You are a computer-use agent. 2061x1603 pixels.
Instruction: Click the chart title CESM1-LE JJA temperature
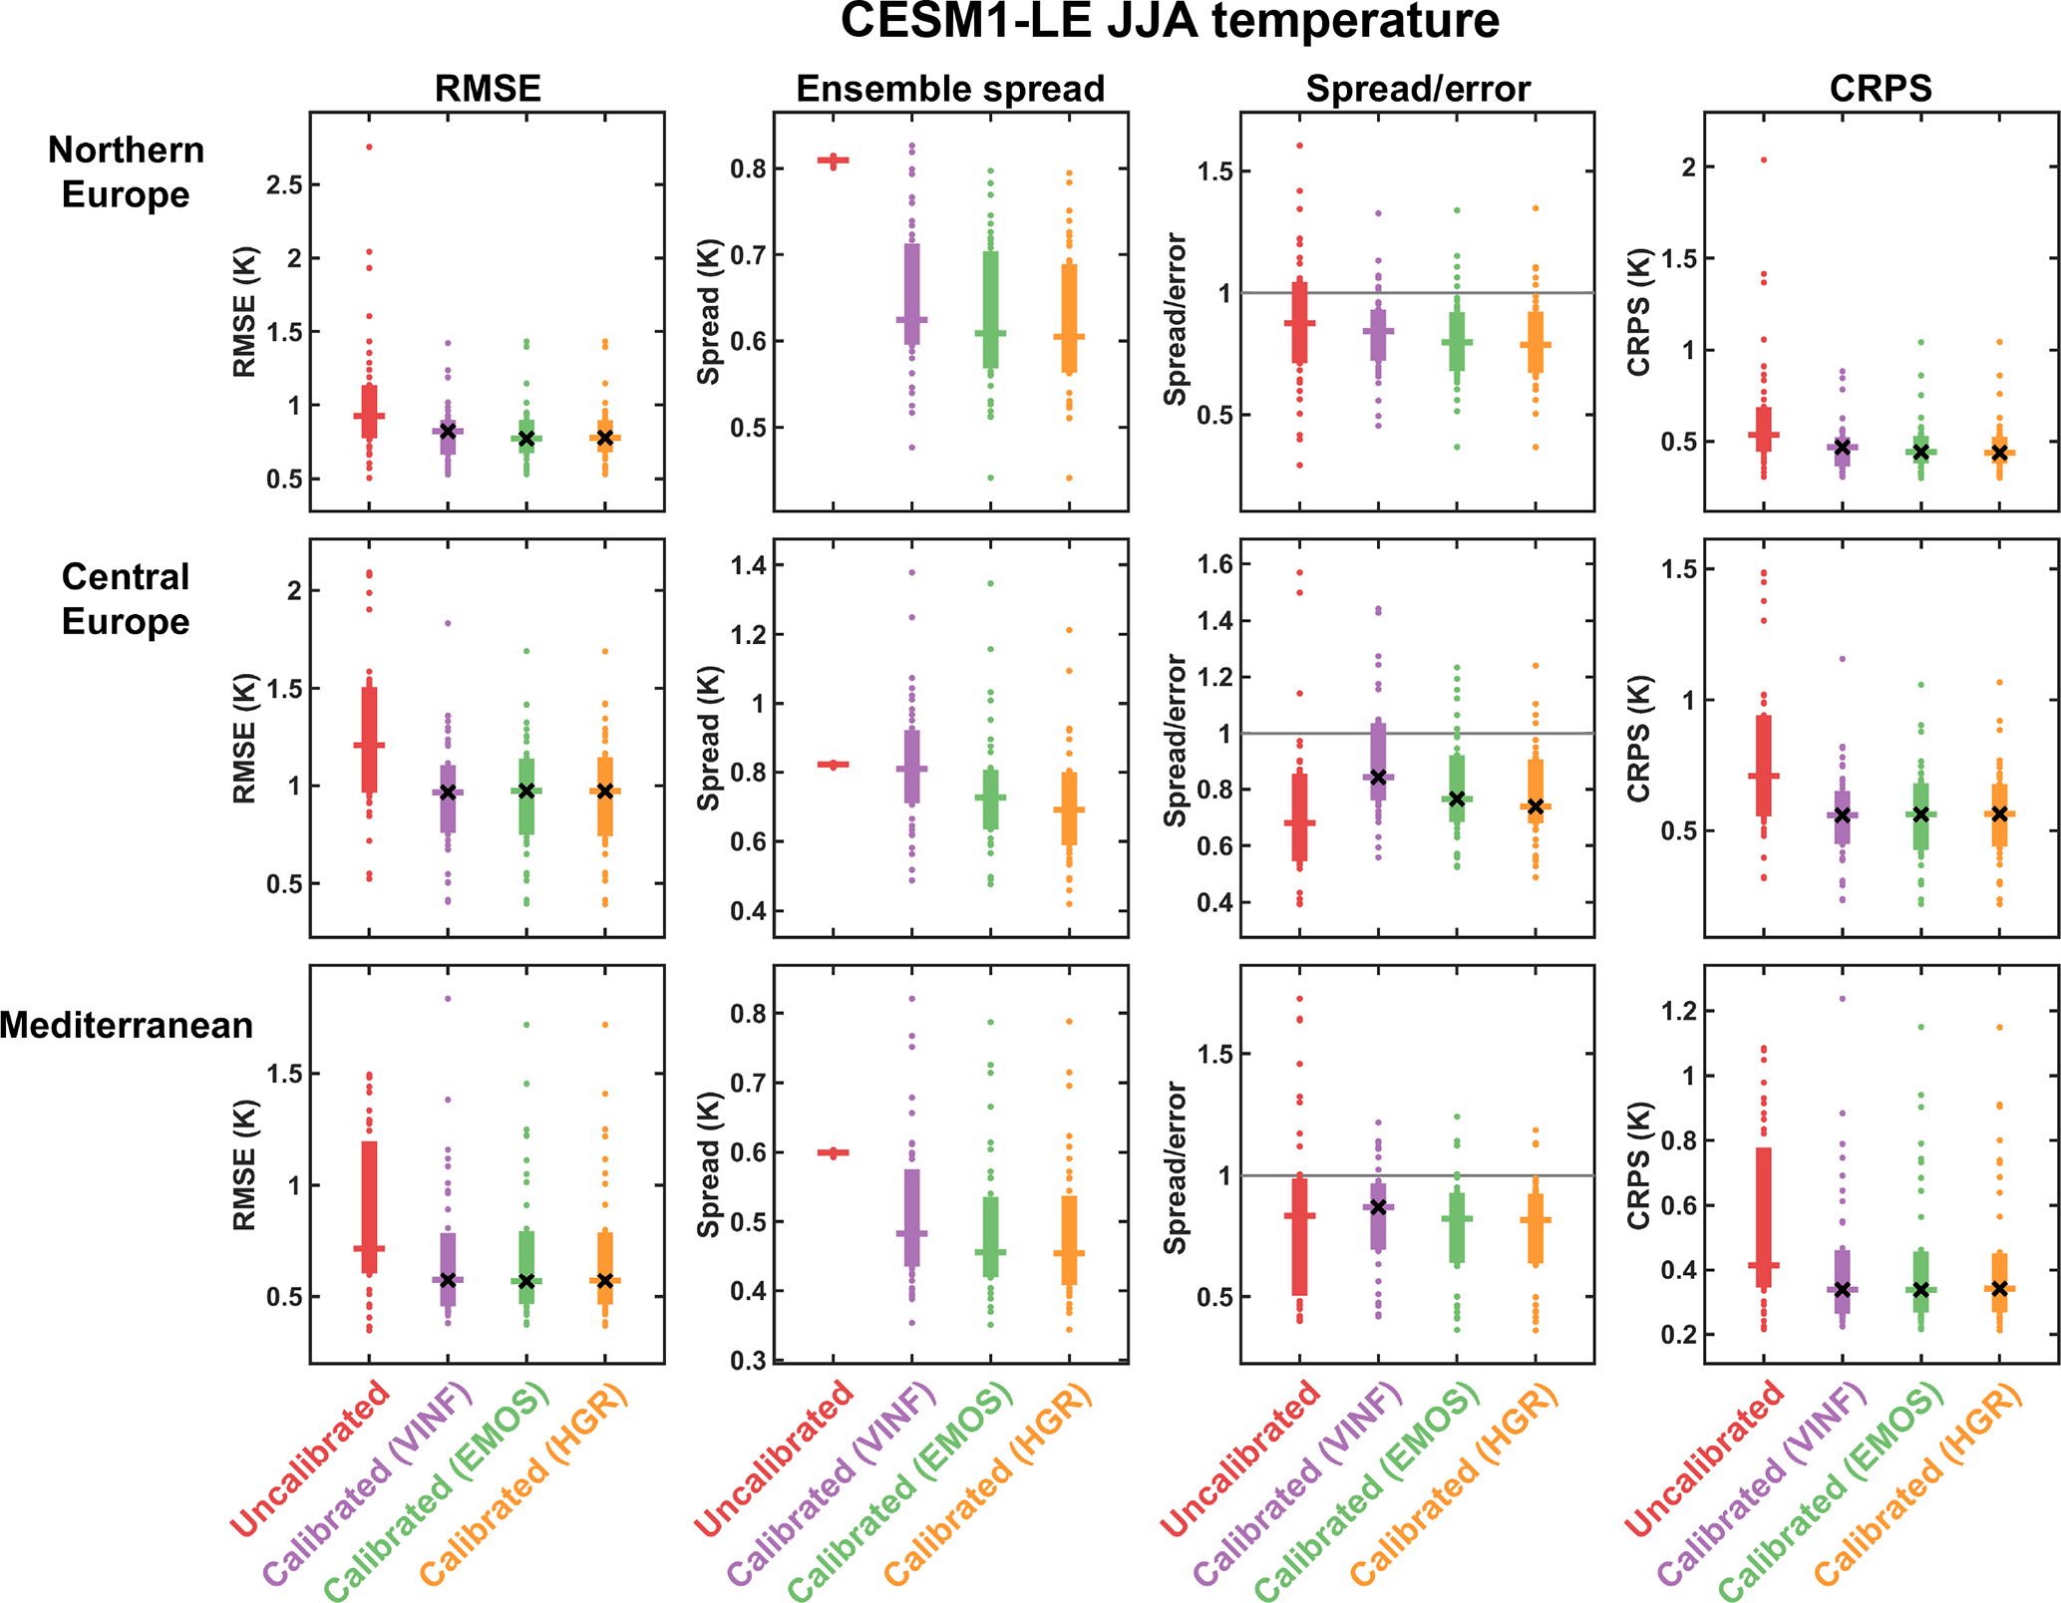coord(1169,22)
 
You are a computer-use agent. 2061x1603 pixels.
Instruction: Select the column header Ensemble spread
coord(949,89)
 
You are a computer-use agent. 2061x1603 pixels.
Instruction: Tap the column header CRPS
coord(1881,89)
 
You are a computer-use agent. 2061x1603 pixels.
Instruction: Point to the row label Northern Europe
coord(126,171)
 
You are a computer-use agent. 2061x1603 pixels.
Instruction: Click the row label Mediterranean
coord(126,1025)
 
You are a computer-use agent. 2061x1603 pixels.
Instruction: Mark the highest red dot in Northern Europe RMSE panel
coord(369,147)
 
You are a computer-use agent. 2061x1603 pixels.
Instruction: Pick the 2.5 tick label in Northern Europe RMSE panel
coord(284,185)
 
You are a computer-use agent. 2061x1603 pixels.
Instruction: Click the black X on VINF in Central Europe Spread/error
coord(1378,777)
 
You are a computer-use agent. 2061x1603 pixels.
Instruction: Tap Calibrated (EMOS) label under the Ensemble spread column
coord(900,1489)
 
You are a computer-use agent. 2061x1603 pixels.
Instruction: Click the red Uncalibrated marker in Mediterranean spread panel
coord(834,1152)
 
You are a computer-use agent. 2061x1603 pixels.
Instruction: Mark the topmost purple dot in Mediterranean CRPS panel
coord(1843,998)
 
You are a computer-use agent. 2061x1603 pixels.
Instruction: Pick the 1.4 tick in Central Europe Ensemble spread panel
coord(748,565)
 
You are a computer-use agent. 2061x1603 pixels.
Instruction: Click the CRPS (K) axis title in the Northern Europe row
coord(1637,312)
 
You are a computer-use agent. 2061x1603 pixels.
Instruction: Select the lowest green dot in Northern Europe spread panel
coord(990,478)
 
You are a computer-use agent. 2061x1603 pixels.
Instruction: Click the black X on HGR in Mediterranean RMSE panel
coord(605,1280)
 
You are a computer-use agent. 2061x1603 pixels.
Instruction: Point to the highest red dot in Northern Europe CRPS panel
coord(1764,160)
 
